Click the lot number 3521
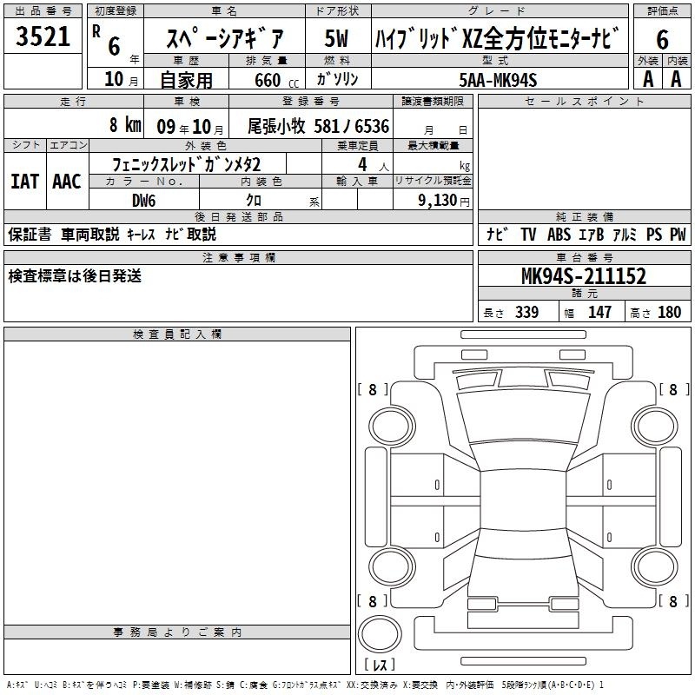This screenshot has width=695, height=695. pos(43,36)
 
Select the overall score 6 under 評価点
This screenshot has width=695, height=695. pos(662,40)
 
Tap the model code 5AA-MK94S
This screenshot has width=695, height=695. pos(498,80)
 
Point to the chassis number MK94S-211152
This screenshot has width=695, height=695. pos(584,276)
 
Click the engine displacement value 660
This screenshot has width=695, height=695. pos(268,80)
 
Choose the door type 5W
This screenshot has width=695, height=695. pos(336,38)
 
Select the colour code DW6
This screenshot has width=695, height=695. pos(144,201)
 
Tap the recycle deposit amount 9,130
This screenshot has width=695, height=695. pos(438,201)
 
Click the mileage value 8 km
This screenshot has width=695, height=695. pos(125,125)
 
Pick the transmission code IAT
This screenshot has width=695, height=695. pos(25,182)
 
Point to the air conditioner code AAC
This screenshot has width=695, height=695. pos(67,182)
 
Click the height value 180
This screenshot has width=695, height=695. pos(669,312)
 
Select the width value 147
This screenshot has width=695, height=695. pos(599,312)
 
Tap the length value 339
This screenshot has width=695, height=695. pos(526,312)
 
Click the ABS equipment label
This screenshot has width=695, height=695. pos(559,235)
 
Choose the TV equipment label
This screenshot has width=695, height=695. pos(528,235)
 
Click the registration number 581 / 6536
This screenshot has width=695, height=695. pos(352,127)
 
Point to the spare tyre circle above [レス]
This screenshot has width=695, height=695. pos(380,633)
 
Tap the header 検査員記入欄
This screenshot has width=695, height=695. pos(177,334)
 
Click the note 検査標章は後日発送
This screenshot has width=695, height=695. pos(75,276)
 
